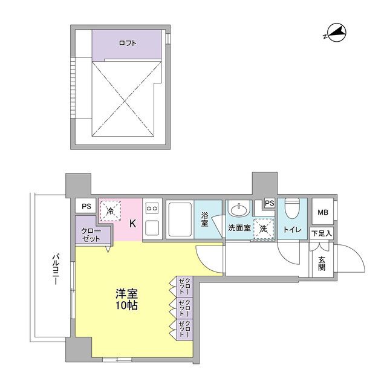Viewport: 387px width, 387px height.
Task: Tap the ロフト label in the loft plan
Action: tap(128, 43)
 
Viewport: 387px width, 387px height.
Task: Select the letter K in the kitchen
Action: tap(133, 224)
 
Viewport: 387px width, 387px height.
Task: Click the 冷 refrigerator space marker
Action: tap(110, 210)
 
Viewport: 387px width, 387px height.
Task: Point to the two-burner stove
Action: tap(152, 208)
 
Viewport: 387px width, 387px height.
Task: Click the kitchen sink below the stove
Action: tap(152, 228)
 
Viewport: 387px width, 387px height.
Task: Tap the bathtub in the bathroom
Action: tap(180, 220)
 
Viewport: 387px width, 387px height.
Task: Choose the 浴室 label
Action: tap(204, 219)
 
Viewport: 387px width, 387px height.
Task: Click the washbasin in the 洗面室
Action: tap(238, 210)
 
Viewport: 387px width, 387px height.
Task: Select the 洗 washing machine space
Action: tap(264, 229)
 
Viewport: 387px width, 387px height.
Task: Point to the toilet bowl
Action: tap(293, 209)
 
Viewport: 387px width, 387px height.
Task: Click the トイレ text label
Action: tap(293, 230)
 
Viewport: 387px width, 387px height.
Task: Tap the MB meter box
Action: tap(323, 212)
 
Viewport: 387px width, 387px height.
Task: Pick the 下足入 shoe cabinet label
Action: tap(322, 233)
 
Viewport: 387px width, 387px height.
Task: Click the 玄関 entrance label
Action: tap(322, 264)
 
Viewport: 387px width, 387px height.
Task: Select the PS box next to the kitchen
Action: tap(86, 206)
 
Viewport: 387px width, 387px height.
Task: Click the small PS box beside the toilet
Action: tap(270, 203)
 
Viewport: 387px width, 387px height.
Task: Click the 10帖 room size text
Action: tap(127, 305)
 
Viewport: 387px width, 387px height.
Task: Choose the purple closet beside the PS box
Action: tap(92, 232)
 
